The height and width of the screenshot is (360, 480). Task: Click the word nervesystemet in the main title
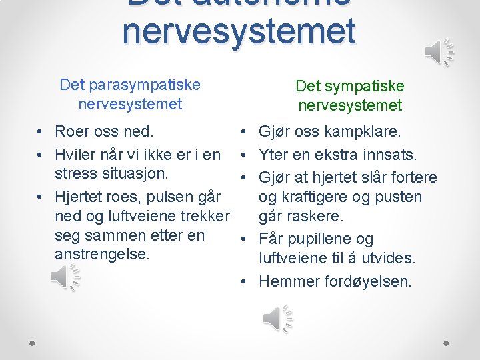(x=239, y=31)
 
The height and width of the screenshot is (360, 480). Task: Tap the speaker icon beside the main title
(x=439, y=52)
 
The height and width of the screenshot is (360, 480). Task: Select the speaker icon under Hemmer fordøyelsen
(x=277, y=318)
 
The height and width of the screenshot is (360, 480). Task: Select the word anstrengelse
(x=101, y=255)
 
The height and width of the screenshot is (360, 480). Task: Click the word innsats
(x=389, y=155)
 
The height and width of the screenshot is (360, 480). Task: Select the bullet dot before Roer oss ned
(x=41, y=131)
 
